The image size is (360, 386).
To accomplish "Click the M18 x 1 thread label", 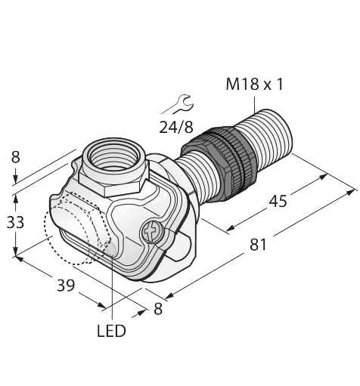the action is (x=255, y=84).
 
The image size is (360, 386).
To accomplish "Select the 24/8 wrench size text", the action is (x=176, y=127).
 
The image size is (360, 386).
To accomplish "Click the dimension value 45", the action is (x=278, y=202).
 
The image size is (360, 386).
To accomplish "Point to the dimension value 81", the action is (x=258, y=245).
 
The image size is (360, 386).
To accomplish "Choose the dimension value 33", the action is (x=15, y=222).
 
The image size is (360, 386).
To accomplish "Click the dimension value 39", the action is (x=66, y=286).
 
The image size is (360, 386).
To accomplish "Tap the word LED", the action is (x=111, y=331).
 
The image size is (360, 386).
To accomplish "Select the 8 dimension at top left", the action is (x=15, y=157).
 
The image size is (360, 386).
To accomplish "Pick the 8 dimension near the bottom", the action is (x=158, y=309).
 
